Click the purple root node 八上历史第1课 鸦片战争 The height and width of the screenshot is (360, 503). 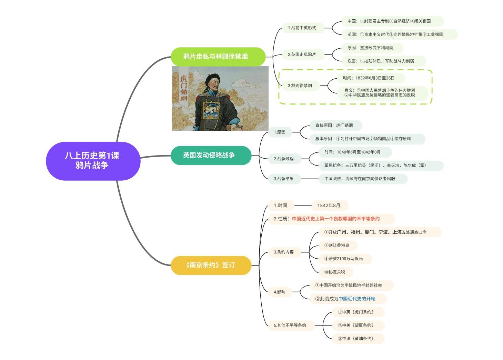tap(93, 161)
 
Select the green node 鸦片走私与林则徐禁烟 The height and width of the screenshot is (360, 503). tap(218, 57)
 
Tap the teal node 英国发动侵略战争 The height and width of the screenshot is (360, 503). tap(211, 155)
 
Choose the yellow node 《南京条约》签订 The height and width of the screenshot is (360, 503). tap(211, 265)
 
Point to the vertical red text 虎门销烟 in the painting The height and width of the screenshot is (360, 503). tap(184, 88)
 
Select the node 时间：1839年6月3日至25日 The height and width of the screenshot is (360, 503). tap(371, 78)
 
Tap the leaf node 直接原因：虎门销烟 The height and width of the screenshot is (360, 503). tap(336, 125)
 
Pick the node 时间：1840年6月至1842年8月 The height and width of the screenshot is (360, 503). tap(355, 152)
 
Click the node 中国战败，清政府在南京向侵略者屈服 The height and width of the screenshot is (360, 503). tap(363, 179)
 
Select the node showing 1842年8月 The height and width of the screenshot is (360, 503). tap(330, 206)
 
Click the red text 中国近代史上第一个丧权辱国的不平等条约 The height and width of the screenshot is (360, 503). tap(336, 219)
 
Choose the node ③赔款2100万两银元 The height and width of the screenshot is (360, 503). tap(345, 259)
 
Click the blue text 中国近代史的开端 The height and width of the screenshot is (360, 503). tap(357, 299)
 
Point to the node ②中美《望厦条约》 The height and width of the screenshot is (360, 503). tap(358, 326)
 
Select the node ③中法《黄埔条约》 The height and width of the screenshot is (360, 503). tap(358, 339)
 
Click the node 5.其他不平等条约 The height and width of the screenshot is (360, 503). tap(291, 326)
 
